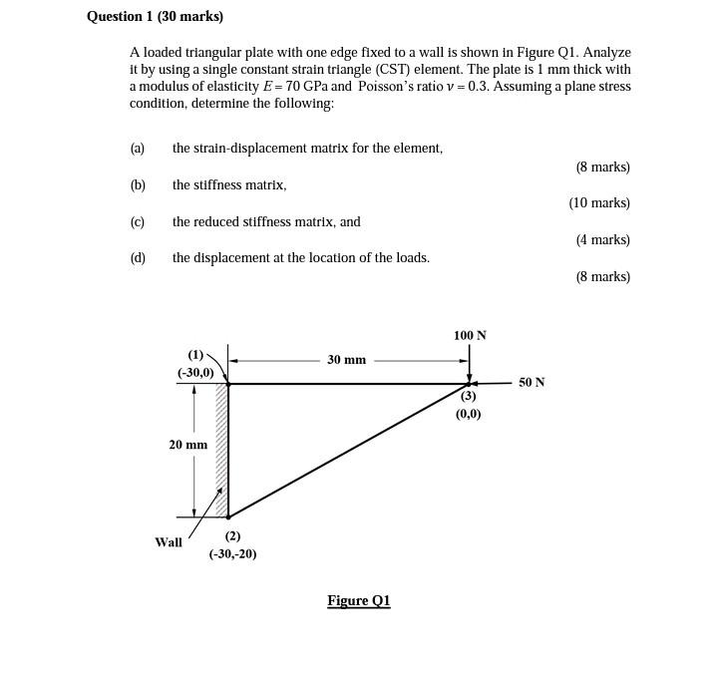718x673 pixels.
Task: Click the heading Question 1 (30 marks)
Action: [x=155, y=17]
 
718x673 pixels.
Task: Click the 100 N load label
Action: [x=470, y=335]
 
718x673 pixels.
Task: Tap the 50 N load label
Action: [x=532, y=382]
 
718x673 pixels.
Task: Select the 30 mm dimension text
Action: [x=346, y=359]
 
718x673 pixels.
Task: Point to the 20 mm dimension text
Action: [x=187, y=445]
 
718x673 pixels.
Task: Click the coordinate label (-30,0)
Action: [x=195, y=372]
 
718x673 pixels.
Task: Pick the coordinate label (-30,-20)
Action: [x=232, y=553]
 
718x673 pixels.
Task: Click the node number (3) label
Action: [x=468, y=396]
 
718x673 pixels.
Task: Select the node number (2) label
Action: [x=232, y=535]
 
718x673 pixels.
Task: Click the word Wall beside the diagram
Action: [x=169, y=542]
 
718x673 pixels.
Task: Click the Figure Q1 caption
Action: [x=359, y=600]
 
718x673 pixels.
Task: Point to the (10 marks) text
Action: [x=599, y=202]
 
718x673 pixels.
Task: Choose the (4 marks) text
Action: [x=602, y=239]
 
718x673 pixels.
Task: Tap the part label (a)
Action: [x=138, y=148]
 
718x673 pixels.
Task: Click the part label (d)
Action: [x=138, y=257]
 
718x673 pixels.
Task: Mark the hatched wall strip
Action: [x=221, y=450]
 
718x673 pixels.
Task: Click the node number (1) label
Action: [x=195, y=354]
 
